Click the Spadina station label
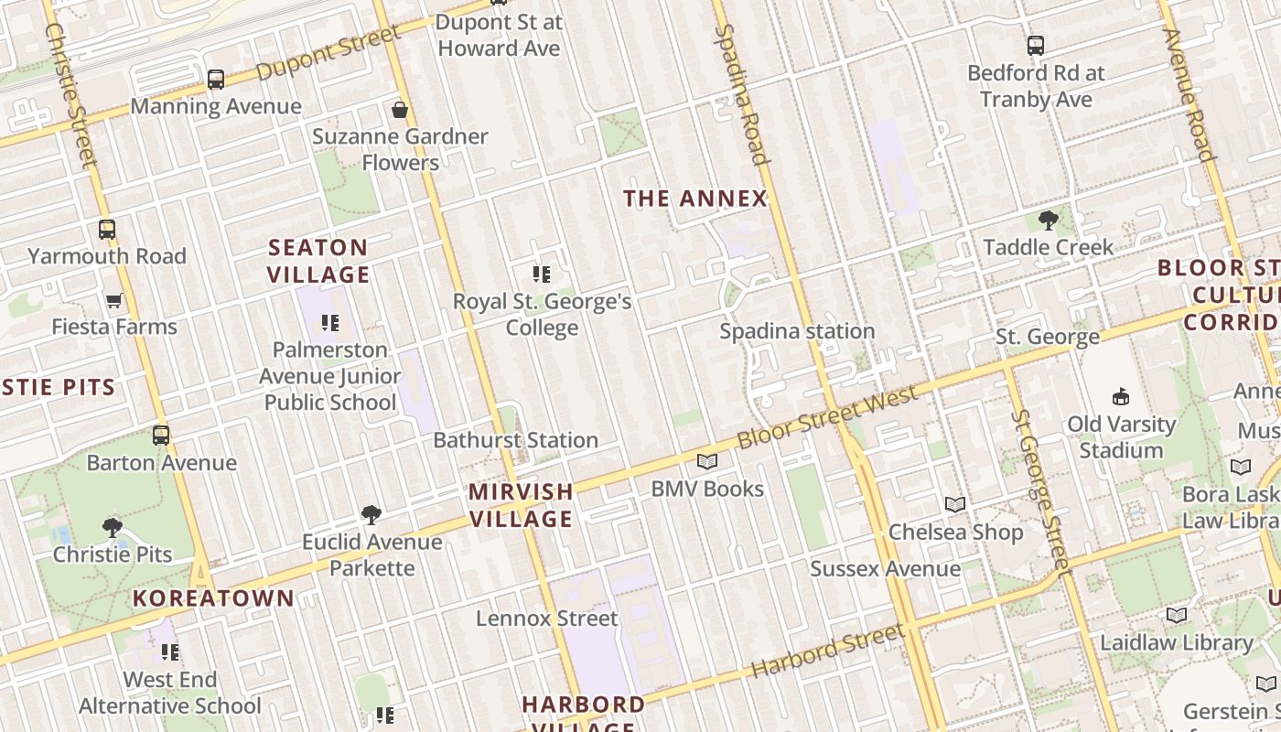[797, 331]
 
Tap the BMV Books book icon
[707, 462]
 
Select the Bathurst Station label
[515, 440]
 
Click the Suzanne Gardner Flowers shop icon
[400, 111]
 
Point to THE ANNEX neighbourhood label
[694, 199]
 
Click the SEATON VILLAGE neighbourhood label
[318, 261]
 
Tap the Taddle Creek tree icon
[1049, 221]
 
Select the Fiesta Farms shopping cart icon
[114, 300]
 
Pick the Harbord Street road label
[828, 651]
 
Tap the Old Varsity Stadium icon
[1121, 397]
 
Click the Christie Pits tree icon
[113, 528]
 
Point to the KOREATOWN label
[213, 598]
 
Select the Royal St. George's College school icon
[542, 274]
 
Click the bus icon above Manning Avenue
[216, 80]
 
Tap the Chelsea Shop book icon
[955, 504]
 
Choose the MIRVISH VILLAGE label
[521, 505]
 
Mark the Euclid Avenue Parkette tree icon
[371, 515]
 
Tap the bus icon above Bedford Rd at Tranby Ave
[1036, 46]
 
